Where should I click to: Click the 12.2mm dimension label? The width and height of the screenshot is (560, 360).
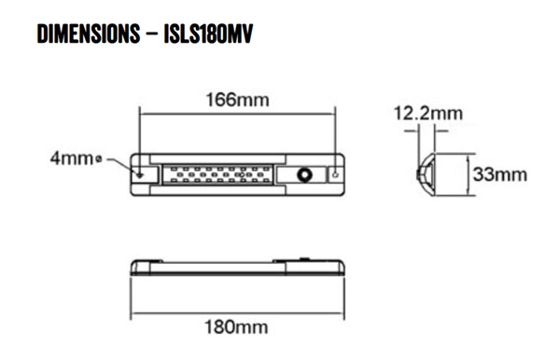click(x=427, y=114)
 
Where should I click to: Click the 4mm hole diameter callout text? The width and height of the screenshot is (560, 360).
click(x=70, y=160)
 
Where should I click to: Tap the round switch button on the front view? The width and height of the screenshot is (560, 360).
click(x=304, y=174)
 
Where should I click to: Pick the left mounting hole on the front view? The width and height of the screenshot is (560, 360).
click(x=141, y=173)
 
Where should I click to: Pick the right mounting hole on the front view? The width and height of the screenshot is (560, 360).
click(x=337, y=173)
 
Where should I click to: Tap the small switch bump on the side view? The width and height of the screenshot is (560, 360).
click(x=304, y=255)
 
